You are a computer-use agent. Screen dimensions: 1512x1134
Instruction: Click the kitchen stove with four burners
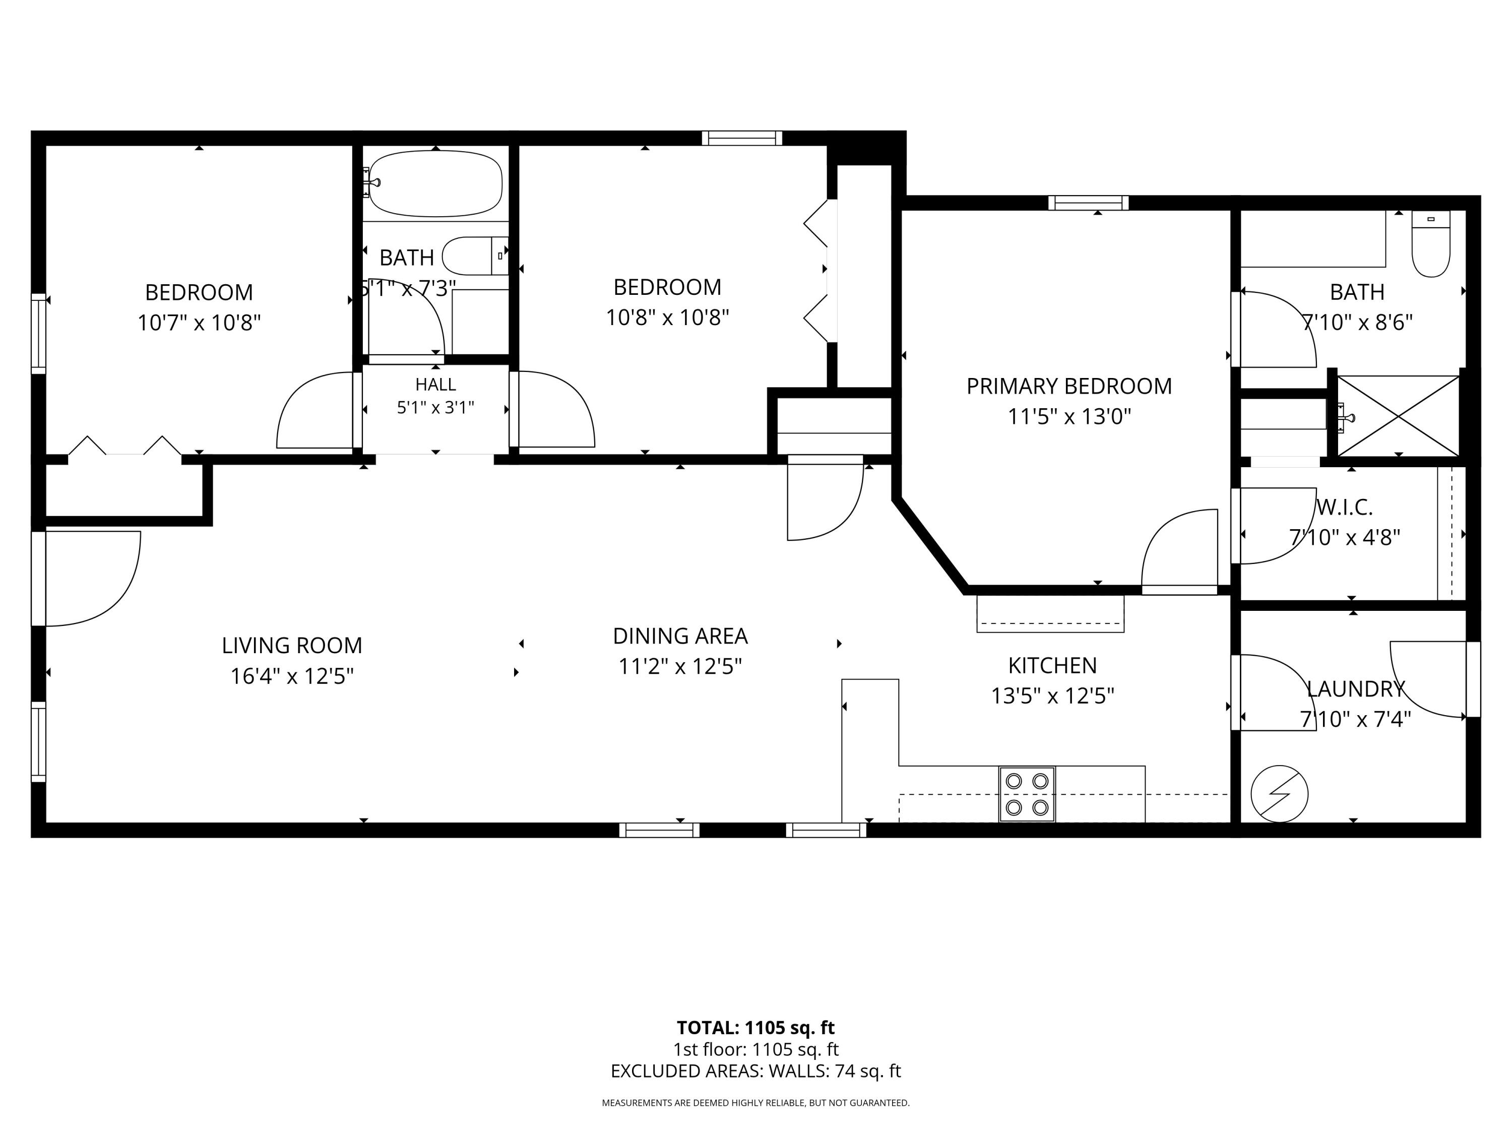tap(1027, 794)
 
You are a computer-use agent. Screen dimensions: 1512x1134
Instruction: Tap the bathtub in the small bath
tap(435, 182)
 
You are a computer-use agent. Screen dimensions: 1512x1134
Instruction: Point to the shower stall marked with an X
tap(1399, 416)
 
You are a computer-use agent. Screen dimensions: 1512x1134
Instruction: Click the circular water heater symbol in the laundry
tap(1279, 794)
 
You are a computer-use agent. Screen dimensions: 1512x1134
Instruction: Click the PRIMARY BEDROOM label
tap(1069, 386)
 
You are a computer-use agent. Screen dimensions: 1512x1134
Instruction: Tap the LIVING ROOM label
tap(292, 645)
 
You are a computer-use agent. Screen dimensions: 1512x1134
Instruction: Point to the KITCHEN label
tap(1053, 665)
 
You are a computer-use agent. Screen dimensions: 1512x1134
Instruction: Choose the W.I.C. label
tap(1345, 507)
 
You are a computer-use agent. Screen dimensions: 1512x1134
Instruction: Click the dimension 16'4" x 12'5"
tap(292, 676)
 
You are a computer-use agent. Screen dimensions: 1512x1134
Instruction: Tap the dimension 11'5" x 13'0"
tap(1069, 416)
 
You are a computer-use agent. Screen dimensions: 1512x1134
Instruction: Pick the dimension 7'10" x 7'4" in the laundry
tap(1355, 720)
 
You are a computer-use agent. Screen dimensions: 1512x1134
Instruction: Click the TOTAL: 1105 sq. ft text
tap(755, 1027)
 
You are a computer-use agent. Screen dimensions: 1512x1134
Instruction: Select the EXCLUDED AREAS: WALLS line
tap(755, 1071)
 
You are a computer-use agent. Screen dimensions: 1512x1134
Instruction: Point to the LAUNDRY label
tap(1355, 689)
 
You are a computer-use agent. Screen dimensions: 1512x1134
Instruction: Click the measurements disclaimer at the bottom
tap(755, 1103)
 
